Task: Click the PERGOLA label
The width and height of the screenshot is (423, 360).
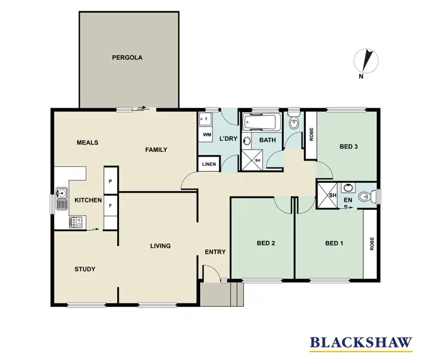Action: click(127, 58)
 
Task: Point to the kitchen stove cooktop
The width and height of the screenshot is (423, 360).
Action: click(74, 223)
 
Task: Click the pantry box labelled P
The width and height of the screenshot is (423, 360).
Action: click(111, 181)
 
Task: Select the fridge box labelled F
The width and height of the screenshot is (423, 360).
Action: click(111, 206)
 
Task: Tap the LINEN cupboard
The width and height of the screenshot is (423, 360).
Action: click(207, 164)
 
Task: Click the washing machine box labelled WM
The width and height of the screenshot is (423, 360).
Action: click(206, 135)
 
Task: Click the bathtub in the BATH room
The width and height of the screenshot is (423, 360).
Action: click(262, 122)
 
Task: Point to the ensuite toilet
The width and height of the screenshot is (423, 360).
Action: click(368, 197)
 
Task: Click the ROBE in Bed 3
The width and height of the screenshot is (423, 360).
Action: click(310, 135)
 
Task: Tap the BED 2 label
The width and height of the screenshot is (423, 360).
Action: click(266, 244)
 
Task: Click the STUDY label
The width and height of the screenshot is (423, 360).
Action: click(85, 269)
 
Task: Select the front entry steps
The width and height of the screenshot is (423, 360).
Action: click(222, 294)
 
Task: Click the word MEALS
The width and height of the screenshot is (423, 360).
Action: click(87, 143)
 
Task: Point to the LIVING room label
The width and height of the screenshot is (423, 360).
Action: click(160, 246)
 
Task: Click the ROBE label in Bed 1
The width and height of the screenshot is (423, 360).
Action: click(372, 244)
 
